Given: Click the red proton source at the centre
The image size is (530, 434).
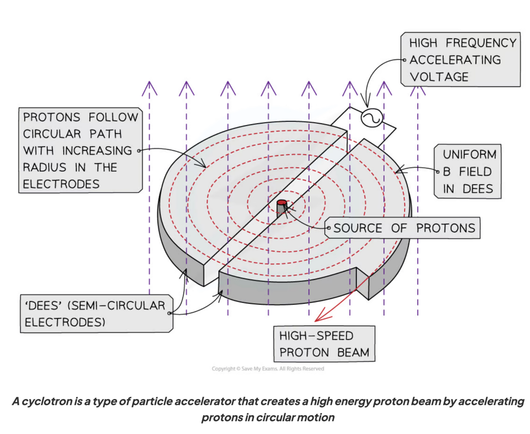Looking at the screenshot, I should pyautogui.click(x=282, y=203).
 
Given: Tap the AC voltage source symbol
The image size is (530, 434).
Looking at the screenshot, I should pyautogui.click(x=371, y=118).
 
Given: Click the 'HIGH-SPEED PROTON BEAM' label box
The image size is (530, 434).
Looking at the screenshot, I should pyautogui.click(x=324, y=344).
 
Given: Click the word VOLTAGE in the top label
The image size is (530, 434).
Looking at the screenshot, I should pyautogui.click(x=439, y=77).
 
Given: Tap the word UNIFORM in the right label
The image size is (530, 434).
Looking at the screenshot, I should pyautogui.click(x=470, y=154).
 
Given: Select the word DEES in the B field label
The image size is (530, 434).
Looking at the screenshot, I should pyautogui.click(x=478, y=189).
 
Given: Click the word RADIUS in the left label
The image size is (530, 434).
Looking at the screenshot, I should pyautogui.click(x=44, y=167).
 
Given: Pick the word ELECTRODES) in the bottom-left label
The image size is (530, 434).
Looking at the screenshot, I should pyautogui.click(x=65, y=322).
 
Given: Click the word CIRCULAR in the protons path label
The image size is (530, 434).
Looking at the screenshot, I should pyautogui.click(x=52, y=134).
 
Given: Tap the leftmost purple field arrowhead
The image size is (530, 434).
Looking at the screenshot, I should pyautogui.click(x=149, y=87).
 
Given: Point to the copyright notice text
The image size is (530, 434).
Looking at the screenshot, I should pyautogui.click(x=268, y=369).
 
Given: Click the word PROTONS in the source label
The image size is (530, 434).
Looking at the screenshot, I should pyautogui.click(x=445, y=228).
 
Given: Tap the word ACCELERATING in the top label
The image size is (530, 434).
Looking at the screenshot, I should pyautogui.click(x=455, y=60).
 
